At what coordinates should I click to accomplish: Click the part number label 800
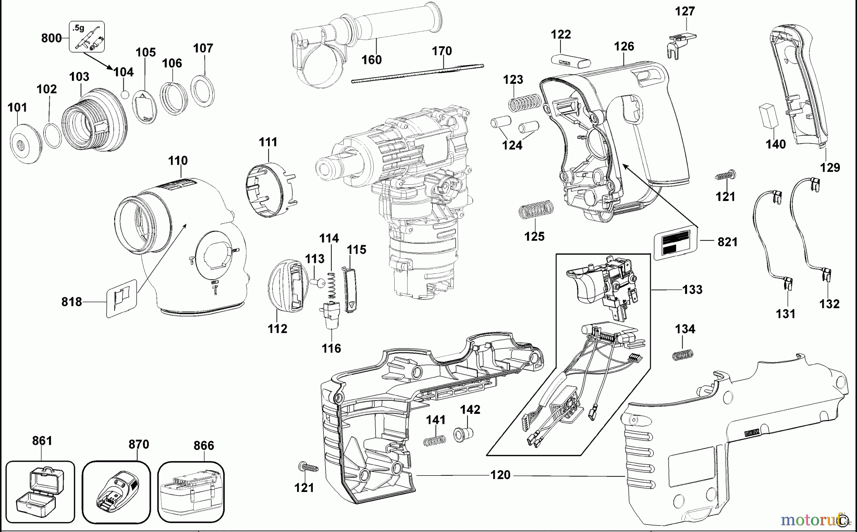point(51,38)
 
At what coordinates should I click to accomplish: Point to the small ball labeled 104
point(125,94)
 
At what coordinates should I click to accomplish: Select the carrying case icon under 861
point(40,493)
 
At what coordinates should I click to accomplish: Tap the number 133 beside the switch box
point(692,290)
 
